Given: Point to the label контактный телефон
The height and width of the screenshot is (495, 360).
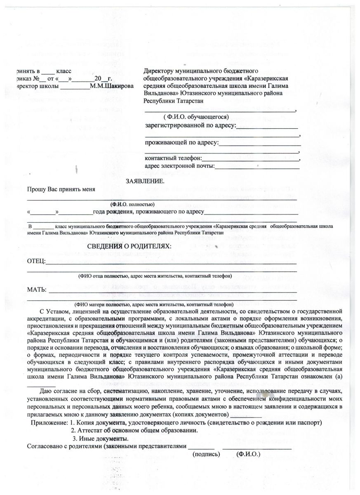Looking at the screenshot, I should [x=173, y=158].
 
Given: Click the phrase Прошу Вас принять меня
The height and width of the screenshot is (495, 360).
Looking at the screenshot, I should [x=61, y=189].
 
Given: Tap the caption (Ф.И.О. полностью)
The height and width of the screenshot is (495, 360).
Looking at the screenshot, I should [x=132, y=204].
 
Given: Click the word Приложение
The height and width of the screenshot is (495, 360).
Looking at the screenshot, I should [x=48, y=423].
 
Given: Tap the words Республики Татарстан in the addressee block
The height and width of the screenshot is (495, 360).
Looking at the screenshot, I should [x=173, y=100].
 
